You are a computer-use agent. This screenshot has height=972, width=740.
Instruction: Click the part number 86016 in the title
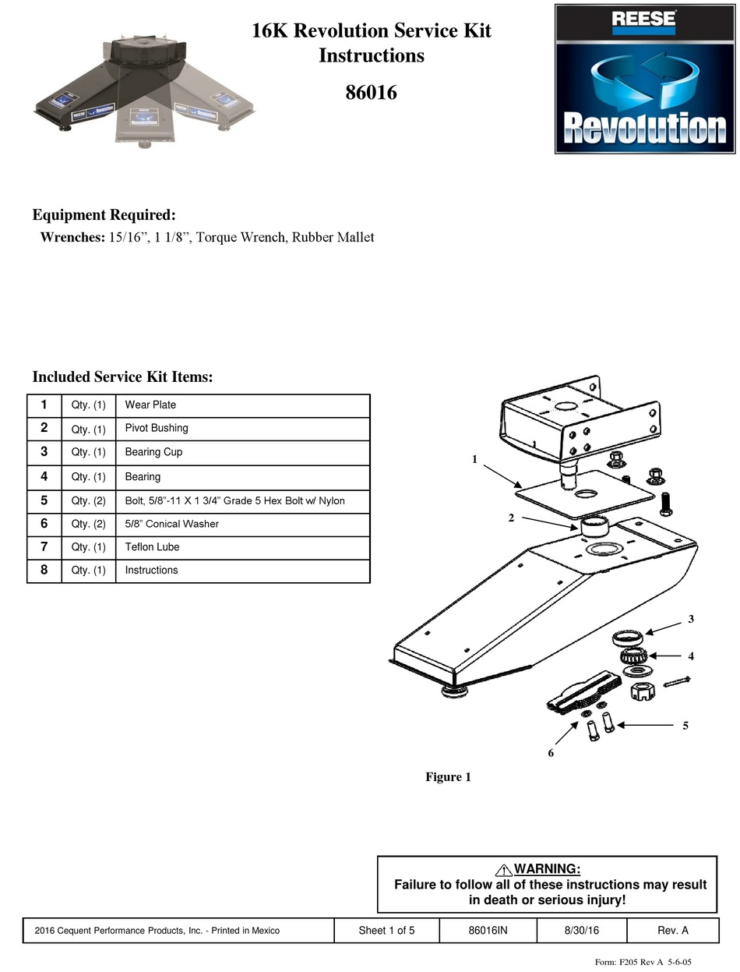(x=371, y=93)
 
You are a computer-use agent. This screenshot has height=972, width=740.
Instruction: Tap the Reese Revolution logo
(x=644, y=79)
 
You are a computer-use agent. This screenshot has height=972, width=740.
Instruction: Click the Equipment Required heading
(x=104, y=215)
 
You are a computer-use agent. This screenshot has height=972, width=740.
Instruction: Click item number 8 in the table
(x=44, y=571)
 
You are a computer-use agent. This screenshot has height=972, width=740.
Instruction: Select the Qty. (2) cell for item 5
(x=88, y=501)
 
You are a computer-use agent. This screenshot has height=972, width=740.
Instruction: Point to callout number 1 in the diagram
(x=474, y=460)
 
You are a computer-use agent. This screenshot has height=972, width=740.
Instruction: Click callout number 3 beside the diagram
(x=691, y=620)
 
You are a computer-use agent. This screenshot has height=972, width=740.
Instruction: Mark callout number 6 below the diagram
(x=551, y=753)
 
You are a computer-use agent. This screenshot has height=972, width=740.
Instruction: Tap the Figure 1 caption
(x=448, y=777)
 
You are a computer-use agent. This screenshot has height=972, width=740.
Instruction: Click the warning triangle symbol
(x=503, y=870)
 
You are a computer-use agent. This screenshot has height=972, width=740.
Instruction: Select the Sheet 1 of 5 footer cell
(x=386, y=931)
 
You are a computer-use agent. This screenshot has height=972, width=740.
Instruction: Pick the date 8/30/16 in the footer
(x=582, y=931)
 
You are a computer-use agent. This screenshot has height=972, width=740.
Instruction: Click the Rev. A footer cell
(x=673, y=931)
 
